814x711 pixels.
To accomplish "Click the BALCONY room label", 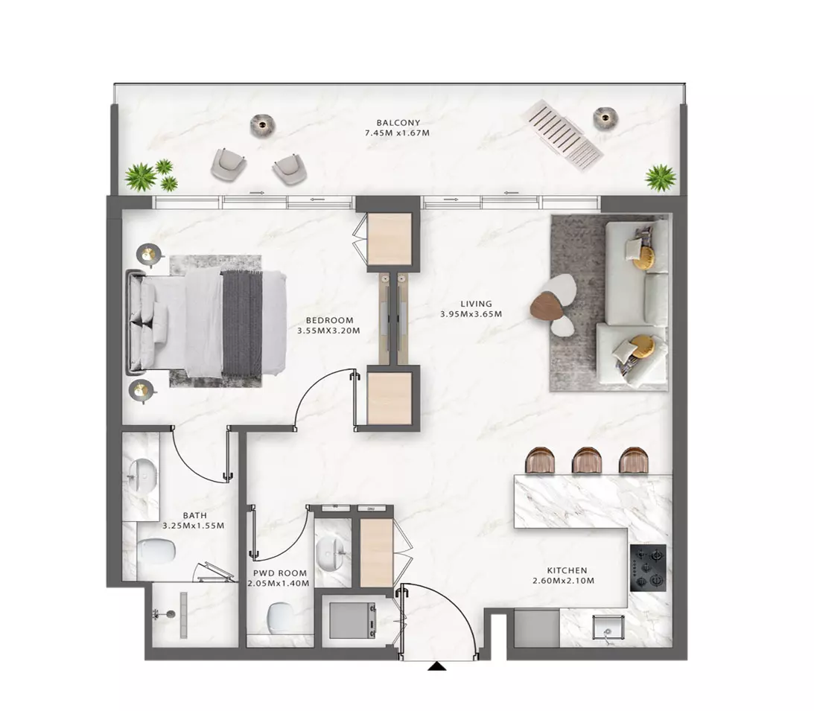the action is (398, 123).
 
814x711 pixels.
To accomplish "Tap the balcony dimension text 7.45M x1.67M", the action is (397, 133).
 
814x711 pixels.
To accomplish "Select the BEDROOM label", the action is (329, 321).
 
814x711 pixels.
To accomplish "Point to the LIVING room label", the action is (476, 304).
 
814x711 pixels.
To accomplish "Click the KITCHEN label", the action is (567, 570).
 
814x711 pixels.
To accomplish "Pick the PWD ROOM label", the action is (280, 573).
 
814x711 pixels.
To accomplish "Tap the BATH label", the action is (194, 516).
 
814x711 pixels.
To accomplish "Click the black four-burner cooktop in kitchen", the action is (648, 568).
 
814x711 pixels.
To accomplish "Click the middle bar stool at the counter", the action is (587, 460).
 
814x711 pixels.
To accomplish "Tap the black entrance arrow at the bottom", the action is (437, 666).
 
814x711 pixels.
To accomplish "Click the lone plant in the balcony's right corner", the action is (661, 178).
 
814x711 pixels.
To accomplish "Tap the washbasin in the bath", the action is (142, 476).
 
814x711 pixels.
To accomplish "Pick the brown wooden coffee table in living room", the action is (547, 307).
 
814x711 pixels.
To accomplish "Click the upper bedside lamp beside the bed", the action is (149, 255).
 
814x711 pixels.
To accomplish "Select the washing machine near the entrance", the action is (352, 620).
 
